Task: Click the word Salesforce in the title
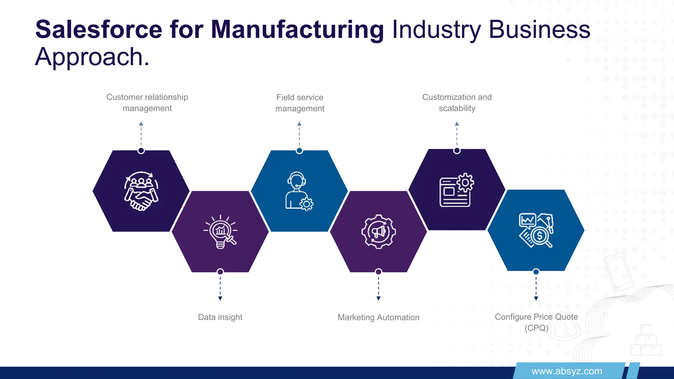point(98,30)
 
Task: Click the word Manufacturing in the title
point(297,30)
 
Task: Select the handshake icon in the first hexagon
point(141,191)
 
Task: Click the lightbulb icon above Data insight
point(220,232)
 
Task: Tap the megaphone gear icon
point(378,232)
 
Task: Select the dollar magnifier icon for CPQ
point(536,230)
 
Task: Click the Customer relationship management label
point(147,103)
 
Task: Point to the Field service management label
point(300,103)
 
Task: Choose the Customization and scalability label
point(457,103)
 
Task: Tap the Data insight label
point(220,317)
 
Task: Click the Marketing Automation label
point(378,317)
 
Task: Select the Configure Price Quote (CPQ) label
point(536,322)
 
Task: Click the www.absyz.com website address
point(567,371)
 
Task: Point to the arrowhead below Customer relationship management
point(141,124)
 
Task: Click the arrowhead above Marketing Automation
point(378,298)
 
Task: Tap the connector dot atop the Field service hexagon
point(299,151)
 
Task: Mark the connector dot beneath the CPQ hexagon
point(536,272)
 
